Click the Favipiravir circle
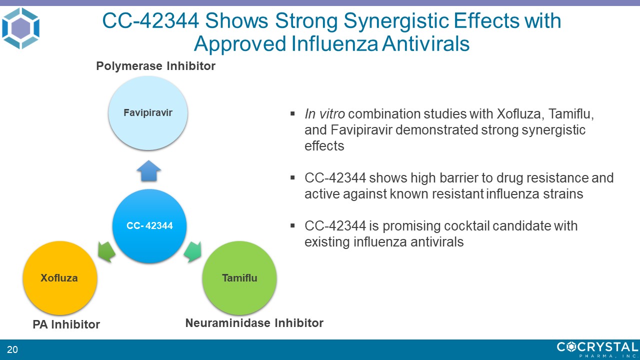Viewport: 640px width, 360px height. pos(148,113)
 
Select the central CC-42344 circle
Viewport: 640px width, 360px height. pos(149,225)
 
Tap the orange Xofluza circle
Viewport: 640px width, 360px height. pos(60,278)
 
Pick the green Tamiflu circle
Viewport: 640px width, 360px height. pos(239,278)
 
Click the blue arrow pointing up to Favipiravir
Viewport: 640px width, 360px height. pos(148,171)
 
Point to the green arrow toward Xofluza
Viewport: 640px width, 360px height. pos(106,251)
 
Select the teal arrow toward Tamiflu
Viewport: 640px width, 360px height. pos(193,251)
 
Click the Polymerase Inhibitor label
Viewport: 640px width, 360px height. pos(155,66)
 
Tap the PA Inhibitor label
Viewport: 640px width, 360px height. pos(66,324)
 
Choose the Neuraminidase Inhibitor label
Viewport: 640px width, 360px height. pos(254,323)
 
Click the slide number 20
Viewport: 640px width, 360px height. pos(12,349)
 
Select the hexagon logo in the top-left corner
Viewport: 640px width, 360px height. pos(20,28)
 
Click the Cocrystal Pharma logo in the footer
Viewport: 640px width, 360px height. pos(597,349)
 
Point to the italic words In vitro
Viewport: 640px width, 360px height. pos(325,114)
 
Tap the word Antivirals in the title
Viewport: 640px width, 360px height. pos(425,43)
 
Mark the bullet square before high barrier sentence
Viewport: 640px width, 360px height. pos(292,177)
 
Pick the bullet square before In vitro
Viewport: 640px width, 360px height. pos(292,113)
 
